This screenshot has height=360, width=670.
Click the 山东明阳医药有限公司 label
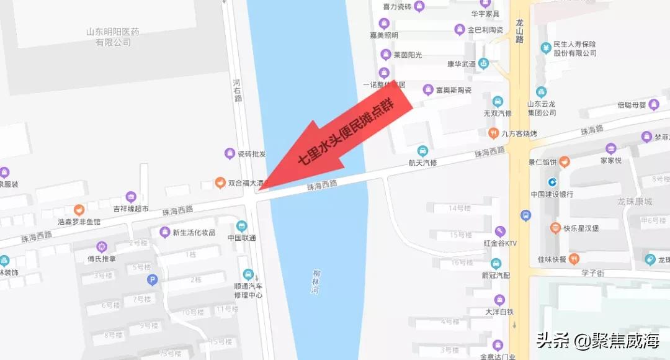(113, 37)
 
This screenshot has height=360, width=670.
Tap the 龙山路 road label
(520, 31)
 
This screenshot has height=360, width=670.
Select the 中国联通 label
(242, 238)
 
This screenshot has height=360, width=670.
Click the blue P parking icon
(152, 280)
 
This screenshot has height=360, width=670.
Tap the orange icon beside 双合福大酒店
(219, 183)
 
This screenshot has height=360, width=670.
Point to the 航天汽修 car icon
(422, 151)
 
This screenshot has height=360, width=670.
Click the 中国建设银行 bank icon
(552, 182)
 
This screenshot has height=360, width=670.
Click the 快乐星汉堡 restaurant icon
(555, 228)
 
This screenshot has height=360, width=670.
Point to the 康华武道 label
(461, 64)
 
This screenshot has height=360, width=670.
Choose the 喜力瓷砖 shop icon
(419, 7)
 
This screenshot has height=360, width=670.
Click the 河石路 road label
(238, 90)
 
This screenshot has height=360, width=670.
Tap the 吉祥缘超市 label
(130, 209)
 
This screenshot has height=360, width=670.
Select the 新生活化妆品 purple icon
(164, 232)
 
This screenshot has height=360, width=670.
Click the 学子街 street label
(592, 273)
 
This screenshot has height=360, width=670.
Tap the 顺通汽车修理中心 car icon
(248, 274)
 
